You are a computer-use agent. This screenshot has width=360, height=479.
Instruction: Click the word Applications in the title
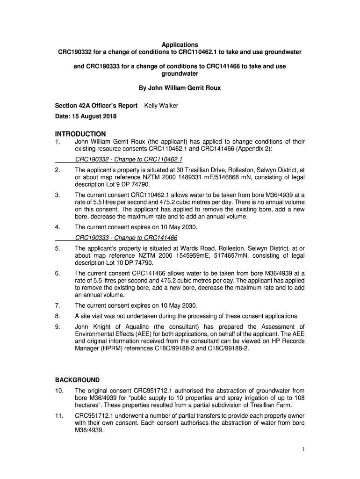click(x=180, y=44)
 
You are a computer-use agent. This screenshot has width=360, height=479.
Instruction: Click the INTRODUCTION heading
click(x=80, y=133)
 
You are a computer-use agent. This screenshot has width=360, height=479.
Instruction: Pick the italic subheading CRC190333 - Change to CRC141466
click(x=126, y=238)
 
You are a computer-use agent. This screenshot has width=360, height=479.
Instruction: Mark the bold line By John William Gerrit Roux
click(x=180, y=87)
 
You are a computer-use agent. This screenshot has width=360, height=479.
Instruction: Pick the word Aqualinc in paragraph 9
click(x=136, y=327)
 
